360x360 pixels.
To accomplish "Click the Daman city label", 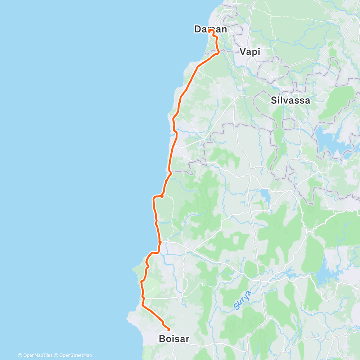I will click(211, 29).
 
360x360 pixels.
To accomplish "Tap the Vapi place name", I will click(250, 51).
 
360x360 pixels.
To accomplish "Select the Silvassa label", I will click(290, 100).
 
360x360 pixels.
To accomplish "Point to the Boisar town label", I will click(174, 339).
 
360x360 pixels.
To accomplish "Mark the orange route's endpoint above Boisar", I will click(169, 329).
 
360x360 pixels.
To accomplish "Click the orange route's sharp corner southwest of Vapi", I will click(218, 53).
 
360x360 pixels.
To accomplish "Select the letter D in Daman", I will click(198, 29).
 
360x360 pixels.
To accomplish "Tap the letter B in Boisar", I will click(162, 339).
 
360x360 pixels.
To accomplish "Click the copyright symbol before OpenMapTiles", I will click(20, 355).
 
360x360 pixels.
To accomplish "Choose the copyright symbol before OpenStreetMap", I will click(56, 355).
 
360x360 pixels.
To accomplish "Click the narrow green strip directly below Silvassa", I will click(278, 137).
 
